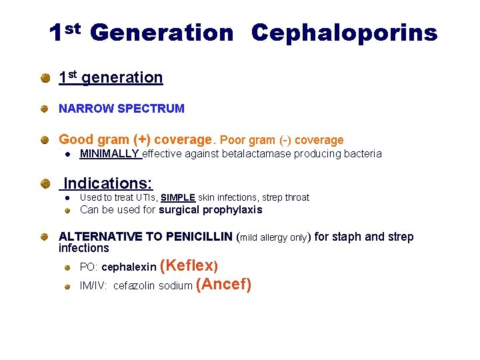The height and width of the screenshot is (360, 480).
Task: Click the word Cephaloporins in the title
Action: (344, 33)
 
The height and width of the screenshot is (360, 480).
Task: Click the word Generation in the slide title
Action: (161, 33)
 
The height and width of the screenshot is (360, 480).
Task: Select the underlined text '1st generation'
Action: (111, 78)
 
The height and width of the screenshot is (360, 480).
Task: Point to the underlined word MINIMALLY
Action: (110, 154)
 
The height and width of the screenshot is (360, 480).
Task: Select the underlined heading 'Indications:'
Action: (108, 183)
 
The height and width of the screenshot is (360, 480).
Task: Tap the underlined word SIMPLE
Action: (178, 197)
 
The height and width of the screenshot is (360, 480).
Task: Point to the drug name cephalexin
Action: (129, 267)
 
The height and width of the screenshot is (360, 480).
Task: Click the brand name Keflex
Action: (189, 265)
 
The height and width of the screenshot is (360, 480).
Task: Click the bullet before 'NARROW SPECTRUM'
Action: (44, 108)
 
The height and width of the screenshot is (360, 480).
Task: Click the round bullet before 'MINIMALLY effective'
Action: (67, 155)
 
